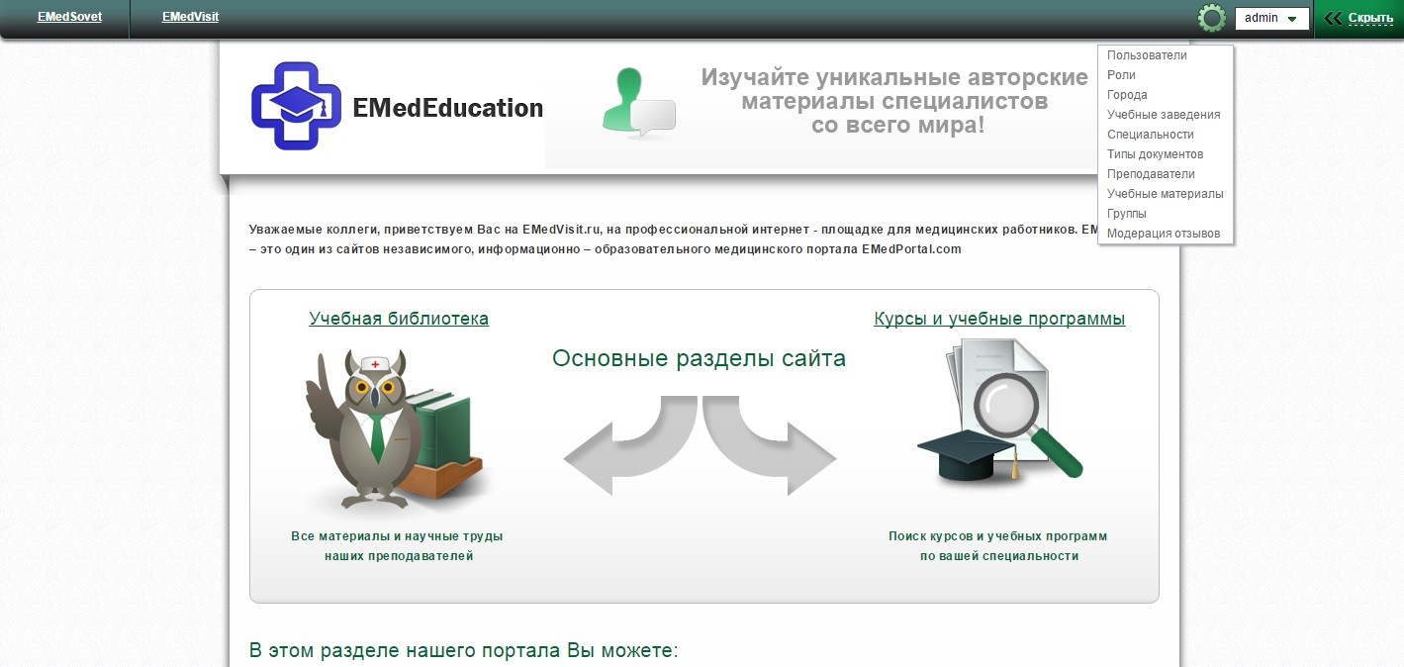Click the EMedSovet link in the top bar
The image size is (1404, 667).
(x=69, y=17)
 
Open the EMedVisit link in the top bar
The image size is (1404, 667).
(x=190, y=17)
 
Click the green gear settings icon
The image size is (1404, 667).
(x=1211, y=18)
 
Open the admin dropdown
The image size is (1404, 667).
(x=1271, y=18)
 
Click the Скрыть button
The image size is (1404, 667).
(x=1358, y=18)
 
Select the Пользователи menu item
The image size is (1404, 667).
(x=1147, y=55)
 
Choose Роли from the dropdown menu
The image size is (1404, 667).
(x=1121, y=75)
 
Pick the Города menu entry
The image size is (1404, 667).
(x=1127, y=95)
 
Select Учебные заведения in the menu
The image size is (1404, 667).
(x=1164, y=115)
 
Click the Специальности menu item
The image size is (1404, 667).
(x=1150, y=135)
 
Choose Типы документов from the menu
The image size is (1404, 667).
(x=1155, y=154)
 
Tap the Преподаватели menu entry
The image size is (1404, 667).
(x=1151, y=174)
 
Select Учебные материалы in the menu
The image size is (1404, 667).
(x=1165, y=194)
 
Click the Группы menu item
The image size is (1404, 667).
(x=1126, y=214)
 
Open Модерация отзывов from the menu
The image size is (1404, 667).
(x=1164, y=234)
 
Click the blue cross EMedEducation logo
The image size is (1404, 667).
(x=296, y=105)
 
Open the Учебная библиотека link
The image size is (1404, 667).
(x=399, y=319)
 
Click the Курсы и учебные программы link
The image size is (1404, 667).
(x=999, y=319)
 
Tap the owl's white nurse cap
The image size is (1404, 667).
(x=375, y=363)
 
